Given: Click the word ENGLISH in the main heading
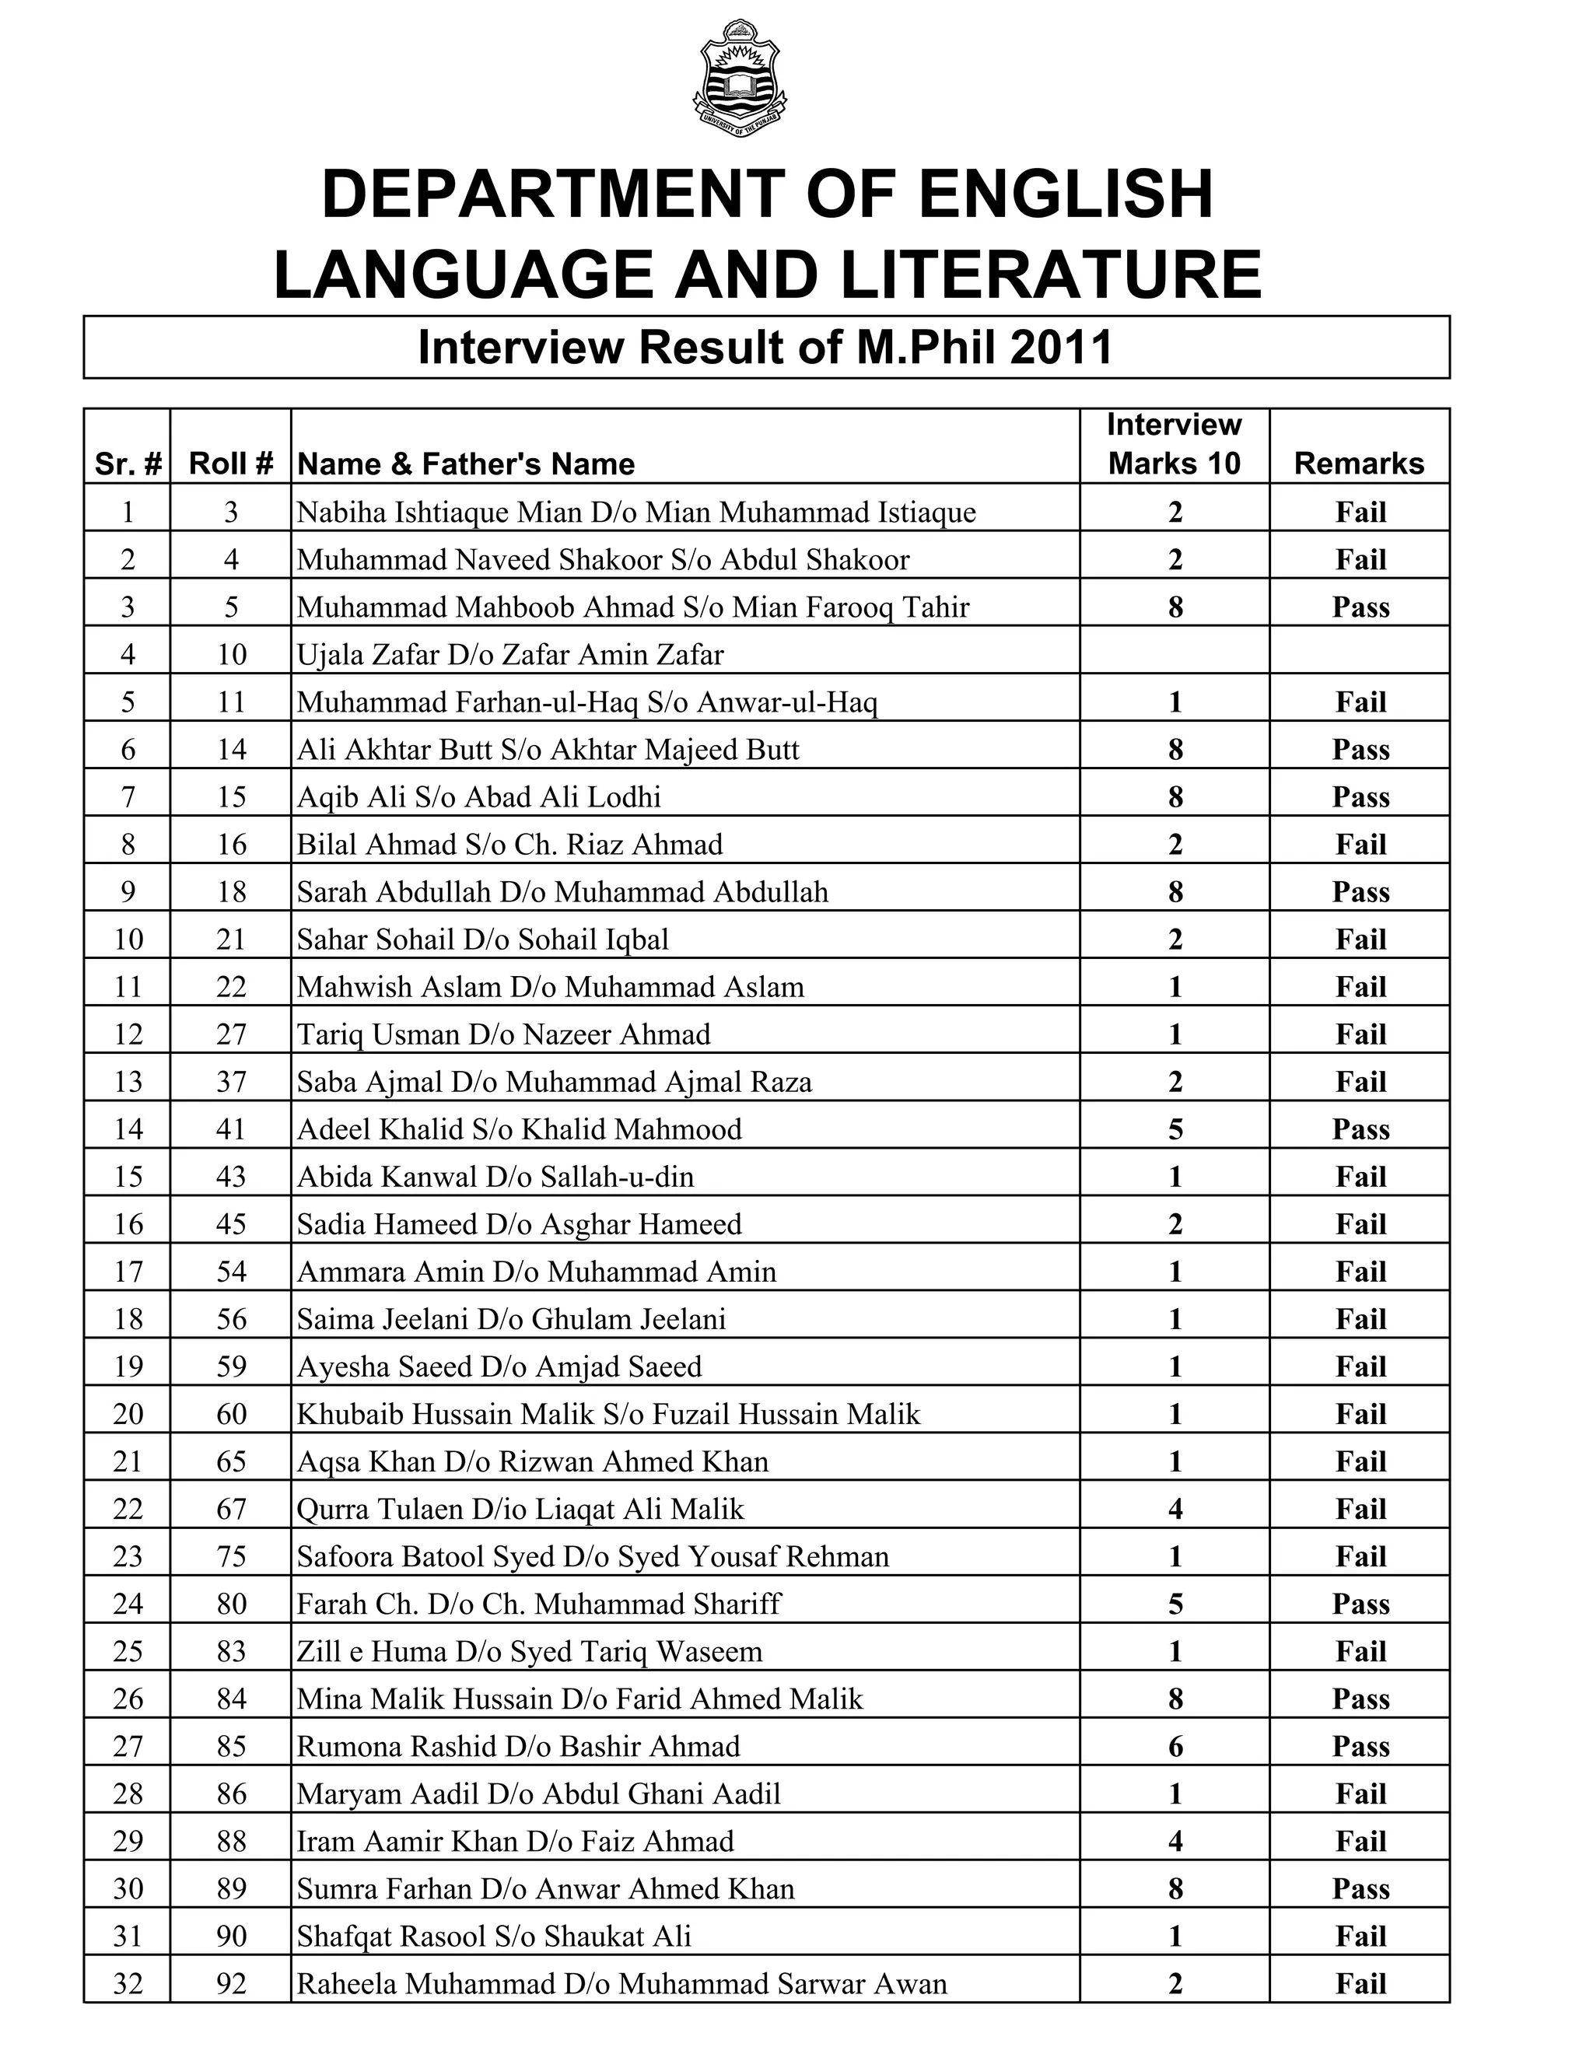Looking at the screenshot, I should point(1066,194).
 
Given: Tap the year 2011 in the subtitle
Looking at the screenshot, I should point(1062,348).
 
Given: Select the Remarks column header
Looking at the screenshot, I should point(1358,464).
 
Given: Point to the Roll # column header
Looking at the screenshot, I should point(231,464).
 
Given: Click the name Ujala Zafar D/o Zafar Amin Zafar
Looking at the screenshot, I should point(510,654).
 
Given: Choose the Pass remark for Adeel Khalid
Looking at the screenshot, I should point(1360,1128).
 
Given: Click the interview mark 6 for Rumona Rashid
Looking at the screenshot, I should point(1175,1746).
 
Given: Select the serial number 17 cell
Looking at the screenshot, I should point(128,1271).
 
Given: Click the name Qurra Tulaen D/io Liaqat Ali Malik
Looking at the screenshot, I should point(520,1509).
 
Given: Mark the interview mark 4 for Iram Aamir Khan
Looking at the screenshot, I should point(1175,1841).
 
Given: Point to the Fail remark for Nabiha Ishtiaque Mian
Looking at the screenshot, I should point(1360,513).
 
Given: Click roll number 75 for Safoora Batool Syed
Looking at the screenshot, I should point(231,1556).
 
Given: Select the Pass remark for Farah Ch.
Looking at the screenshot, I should point(1360,1604).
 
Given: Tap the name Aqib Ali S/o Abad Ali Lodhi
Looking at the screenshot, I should point(478,796).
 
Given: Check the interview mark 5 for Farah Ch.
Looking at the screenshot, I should point(1175,1604).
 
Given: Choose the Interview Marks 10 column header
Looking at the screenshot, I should point(1174,444).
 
